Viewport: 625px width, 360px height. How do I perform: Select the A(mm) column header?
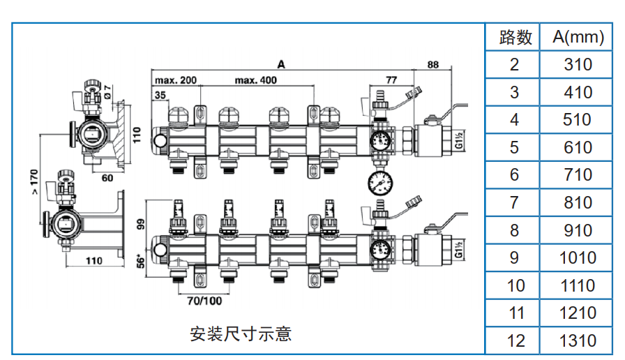click(578, 37)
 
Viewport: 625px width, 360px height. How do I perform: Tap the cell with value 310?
click(578, 65)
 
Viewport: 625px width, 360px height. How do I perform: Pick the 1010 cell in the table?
click(578, 258)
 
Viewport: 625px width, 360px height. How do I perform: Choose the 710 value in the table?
click(578, 175)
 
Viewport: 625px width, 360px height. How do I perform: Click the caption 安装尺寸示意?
click(241, 334)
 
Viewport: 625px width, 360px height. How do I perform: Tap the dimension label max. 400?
click(255, 80)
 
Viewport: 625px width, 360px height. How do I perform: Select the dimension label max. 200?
click(175, 80)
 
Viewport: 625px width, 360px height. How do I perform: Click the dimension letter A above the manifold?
click(281, 64)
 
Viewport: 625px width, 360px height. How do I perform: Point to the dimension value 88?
click(433, 65)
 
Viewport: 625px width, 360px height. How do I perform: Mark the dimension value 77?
click(391, 80)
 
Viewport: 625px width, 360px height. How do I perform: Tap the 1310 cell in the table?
click(578, 340)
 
